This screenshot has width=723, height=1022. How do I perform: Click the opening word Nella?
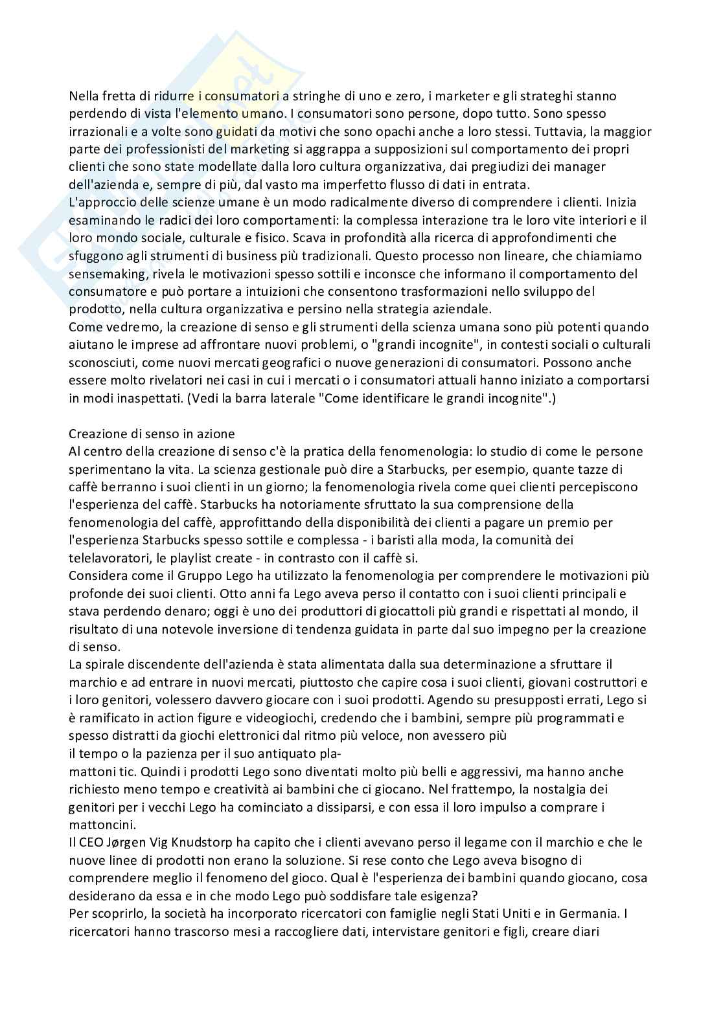pos(84,96)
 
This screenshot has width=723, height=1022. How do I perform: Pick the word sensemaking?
pos(106,273)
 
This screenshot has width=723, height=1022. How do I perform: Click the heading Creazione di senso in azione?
pos(152,433)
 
